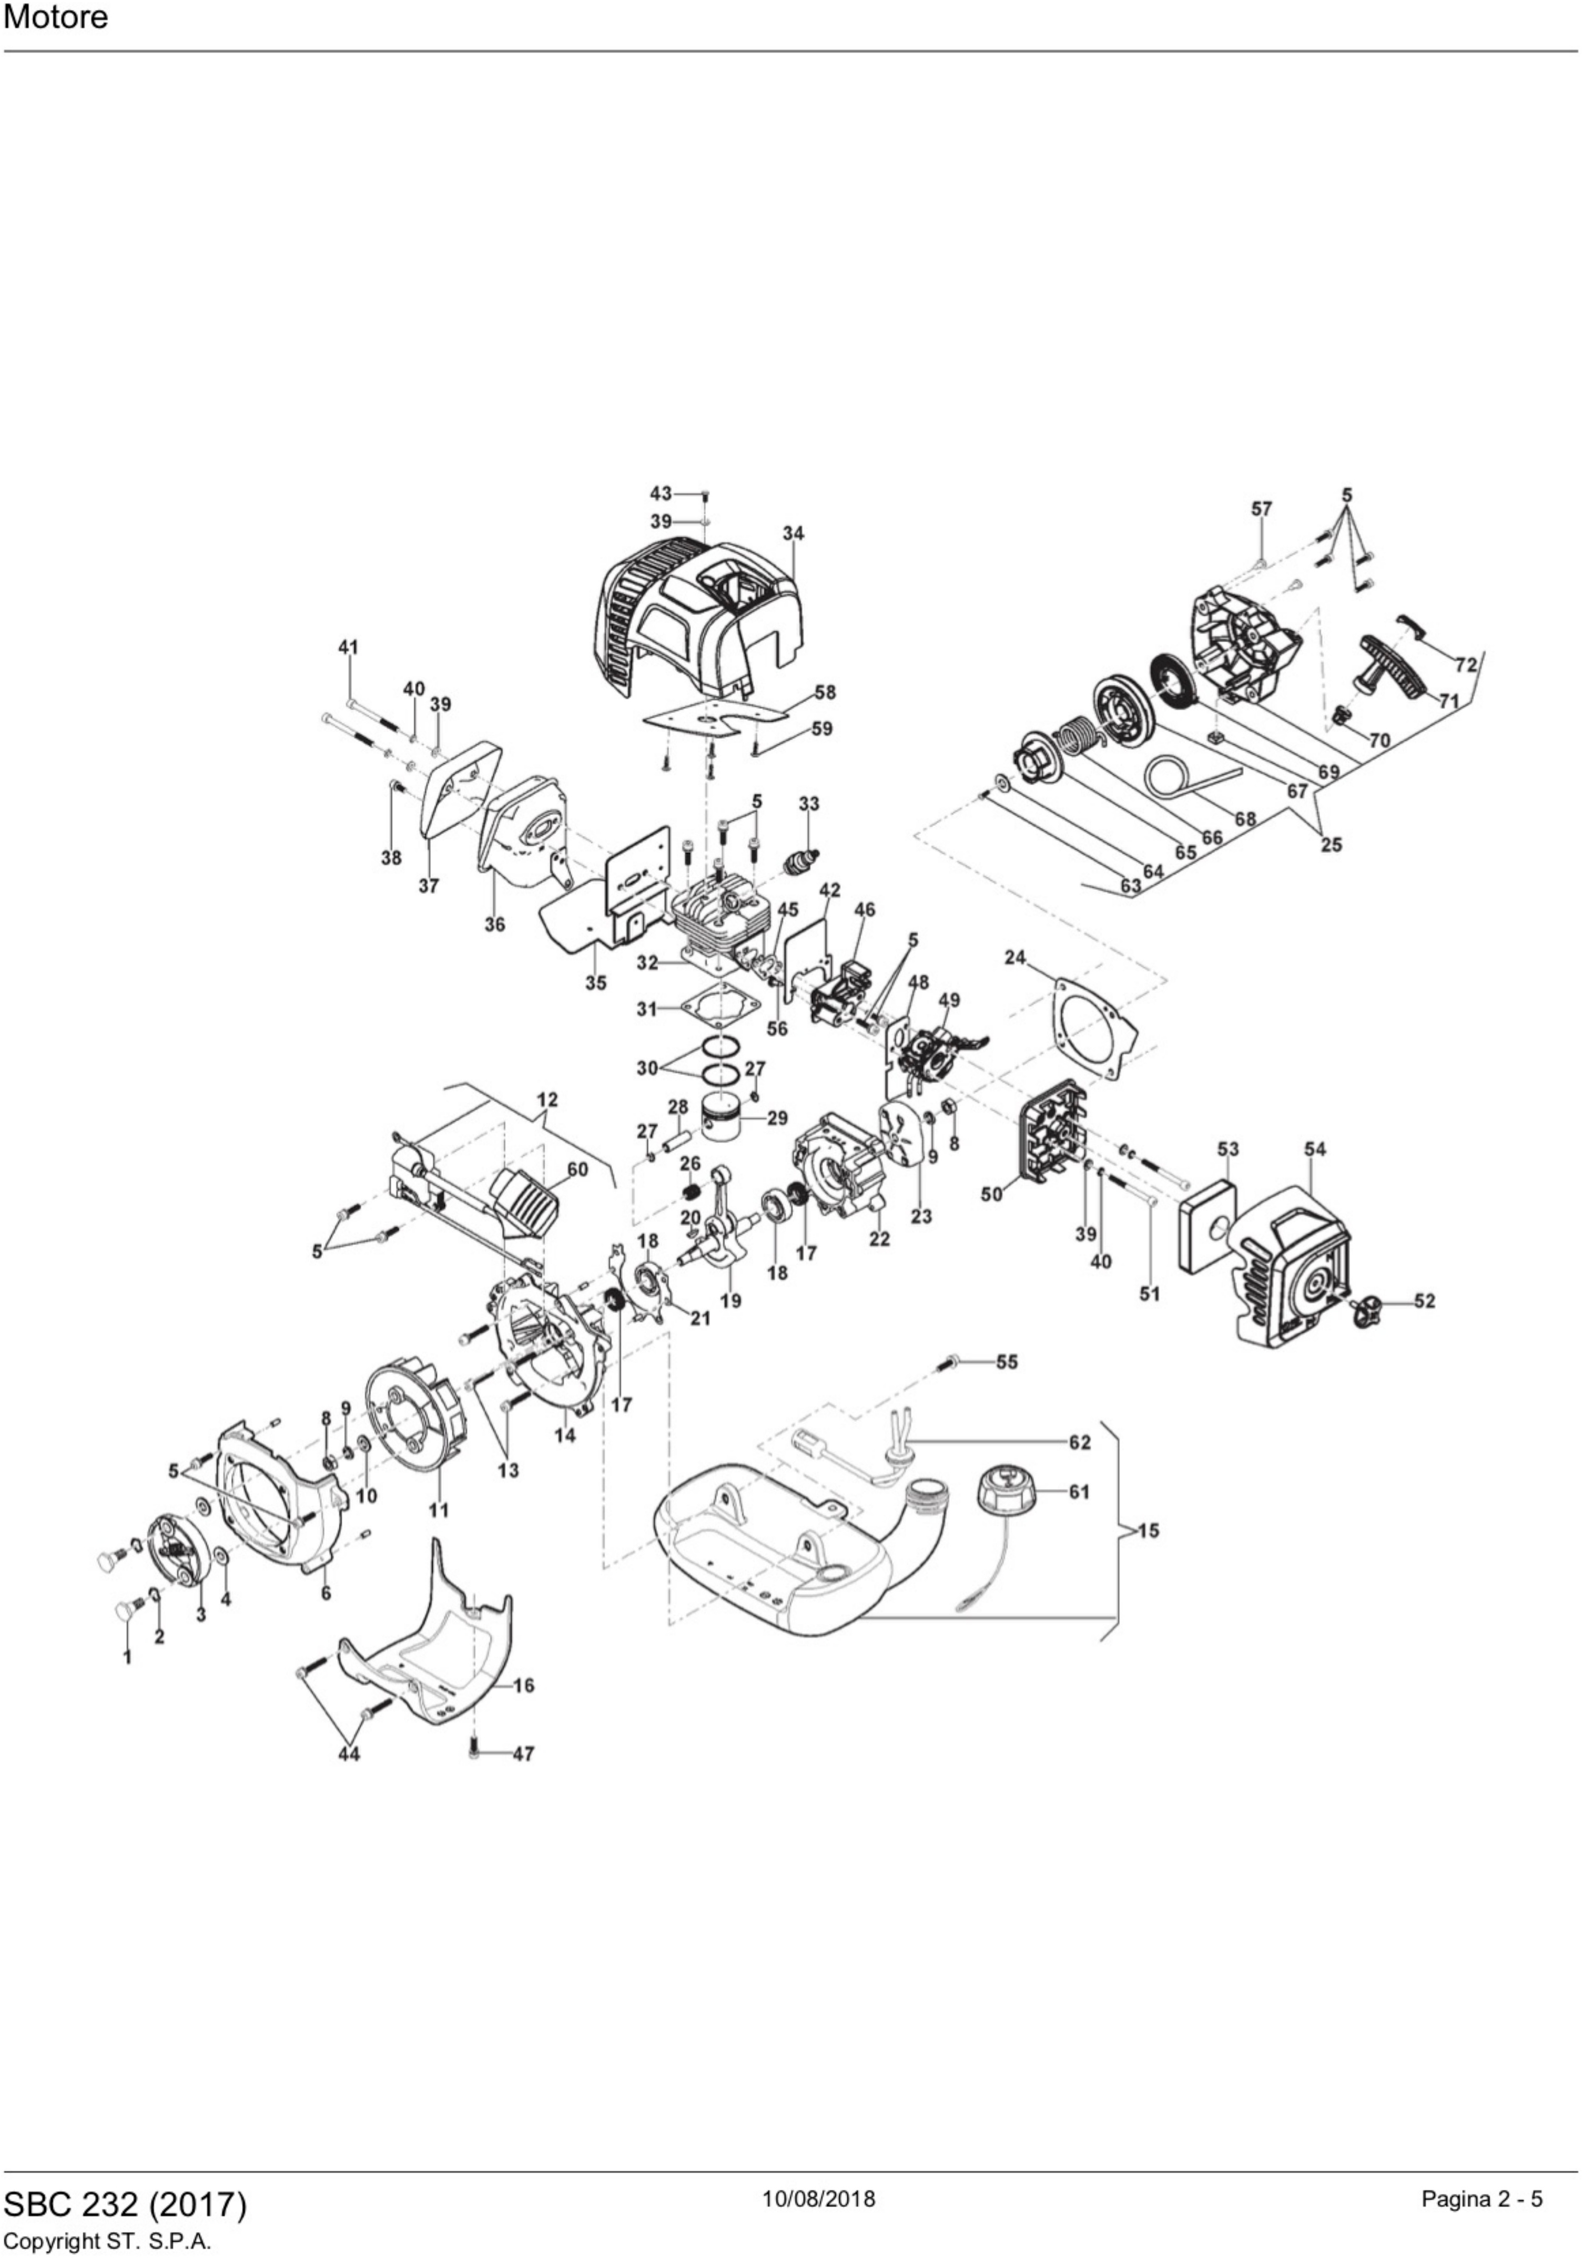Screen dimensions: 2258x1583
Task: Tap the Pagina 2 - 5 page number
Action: point(1481,2199)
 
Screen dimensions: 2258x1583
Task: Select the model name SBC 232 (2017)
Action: point(125,2204)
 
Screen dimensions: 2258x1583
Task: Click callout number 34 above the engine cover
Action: point(793,533)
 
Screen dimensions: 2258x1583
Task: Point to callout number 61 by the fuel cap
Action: point(1079,1492)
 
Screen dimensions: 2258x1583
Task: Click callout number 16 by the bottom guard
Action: point(524,1685)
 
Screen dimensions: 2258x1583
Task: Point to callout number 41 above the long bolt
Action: point(348,647)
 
